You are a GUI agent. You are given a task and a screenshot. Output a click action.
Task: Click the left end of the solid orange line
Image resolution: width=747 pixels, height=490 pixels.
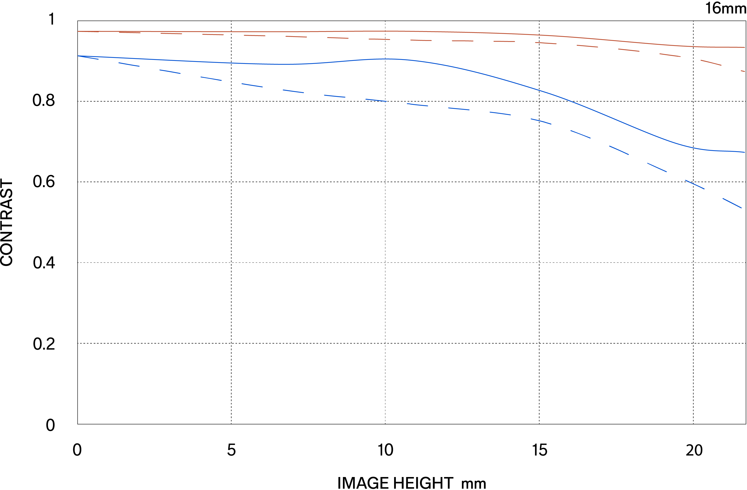pos(78,31)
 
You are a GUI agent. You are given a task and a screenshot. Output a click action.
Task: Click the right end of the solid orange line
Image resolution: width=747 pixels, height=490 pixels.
pos(744,47)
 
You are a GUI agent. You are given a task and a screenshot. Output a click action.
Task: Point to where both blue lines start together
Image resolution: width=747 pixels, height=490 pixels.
pos(78,56)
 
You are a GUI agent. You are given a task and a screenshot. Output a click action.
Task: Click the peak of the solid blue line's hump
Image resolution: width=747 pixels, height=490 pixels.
pos(386,59)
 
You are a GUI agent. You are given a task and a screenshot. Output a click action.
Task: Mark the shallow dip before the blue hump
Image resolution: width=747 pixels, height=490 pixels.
pos(282,64)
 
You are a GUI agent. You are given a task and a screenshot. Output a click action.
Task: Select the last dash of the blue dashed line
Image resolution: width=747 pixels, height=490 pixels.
pos(732,203)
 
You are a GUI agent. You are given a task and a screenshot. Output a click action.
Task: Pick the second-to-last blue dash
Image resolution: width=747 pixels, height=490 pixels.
pos(695,184)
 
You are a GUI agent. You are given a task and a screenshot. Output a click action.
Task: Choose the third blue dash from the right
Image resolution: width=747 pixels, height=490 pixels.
pos(657,167)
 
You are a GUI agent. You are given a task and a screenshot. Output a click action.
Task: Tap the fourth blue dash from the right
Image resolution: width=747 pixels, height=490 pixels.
pos(619,150)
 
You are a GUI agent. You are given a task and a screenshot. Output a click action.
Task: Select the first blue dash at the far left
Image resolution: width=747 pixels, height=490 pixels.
pos(88,57)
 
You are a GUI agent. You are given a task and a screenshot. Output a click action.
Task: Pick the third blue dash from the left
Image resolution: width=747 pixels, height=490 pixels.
pos(170,71)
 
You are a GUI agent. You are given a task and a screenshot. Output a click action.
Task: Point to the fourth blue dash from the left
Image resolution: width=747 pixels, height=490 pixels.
pos(211,78)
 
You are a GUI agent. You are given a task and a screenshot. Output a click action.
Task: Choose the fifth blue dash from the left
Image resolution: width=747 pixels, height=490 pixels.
pos(252,85)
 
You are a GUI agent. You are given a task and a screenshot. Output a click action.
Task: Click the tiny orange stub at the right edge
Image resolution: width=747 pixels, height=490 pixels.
pos(743,71)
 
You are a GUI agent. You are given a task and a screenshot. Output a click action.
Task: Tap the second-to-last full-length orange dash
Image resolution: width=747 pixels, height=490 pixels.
pos(670,55)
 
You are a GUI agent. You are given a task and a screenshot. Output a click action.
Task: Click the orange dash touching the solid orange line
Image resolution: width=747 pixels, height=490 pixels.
pos(130,32)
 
